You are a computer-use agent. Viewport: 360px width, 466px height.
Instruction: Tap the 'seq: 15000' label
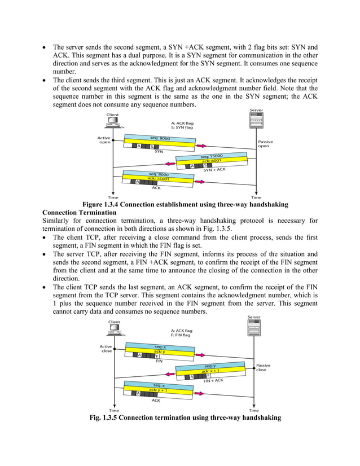click(x=211, y=155)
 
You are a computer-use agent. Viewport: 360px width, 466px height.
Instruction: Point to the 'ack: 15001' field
click(x=160, y=179)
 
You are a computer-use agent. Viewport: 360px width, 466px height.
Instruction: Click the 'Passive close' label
click(x=263, y=367)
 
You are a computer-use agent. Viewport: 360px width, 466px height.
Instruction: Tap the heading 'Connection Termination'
click(x=79, y=212)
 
